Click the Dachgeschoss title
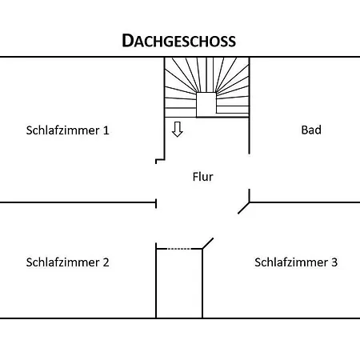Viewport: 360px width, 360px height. pyautogui.click(x=178, y=41)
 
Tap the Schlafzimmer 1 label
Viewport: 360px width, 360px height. pyautogui.click(x=68, y=130)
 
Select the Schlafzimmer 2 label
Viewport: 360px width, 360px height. pyautogui.click(x=68, y=262)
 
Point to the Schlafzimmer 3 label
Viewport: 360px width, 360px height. pyautogui.click(x=296, y=262)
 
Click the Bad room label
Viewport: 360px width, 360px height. pyautogui.click(x=311, y=130)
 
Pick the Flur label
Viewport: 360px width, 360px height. pyautogui.click(x=203, y=177)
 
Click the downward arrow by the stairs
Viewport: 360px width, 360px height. pyautogui.click(x=178, y=130)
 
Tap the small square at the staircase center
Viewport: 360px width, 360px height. pyautogui.click(x=206, y=105)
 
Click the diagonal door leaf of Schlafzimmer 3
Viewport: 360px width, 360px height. pyautogui.click(x=208, y=243)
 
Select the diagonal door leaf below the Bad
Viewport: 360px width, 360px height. pyautogui.click(x=244, y=208)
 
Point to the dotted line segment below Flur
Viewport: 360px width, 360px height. pyautogui.click(x=179, y=249)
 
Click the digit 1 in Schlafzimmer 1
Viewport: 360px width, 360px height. pyautogui.click(x=106, y=130)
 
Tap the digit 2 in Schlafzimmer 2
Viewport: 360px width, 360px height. pyautogui.click(x=106, y=262)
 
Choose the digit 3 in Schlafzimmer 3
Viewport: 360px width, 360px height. pyautogui.click(x=334, y=262)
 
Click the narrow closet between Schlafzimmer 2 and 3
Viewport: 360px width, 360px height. pyautogui.click(x=179, y=283)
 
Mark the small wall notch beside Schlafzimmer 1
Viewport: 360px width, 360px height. pyautogui.click(x=160, y=160)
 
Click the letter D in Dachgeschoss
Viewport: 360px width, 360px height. pyautogui.click(x=127, y=41)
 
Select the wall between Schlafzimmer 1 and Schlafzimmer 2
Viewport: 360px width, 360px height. pyautogui.click(x=78, y=202)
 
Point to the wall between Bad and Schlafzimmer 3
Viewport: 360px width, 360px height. pyautogui.click(x=305, y=202)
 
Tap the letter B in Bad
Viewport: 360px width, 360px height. pyautogui.click(x=304, y=130)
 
